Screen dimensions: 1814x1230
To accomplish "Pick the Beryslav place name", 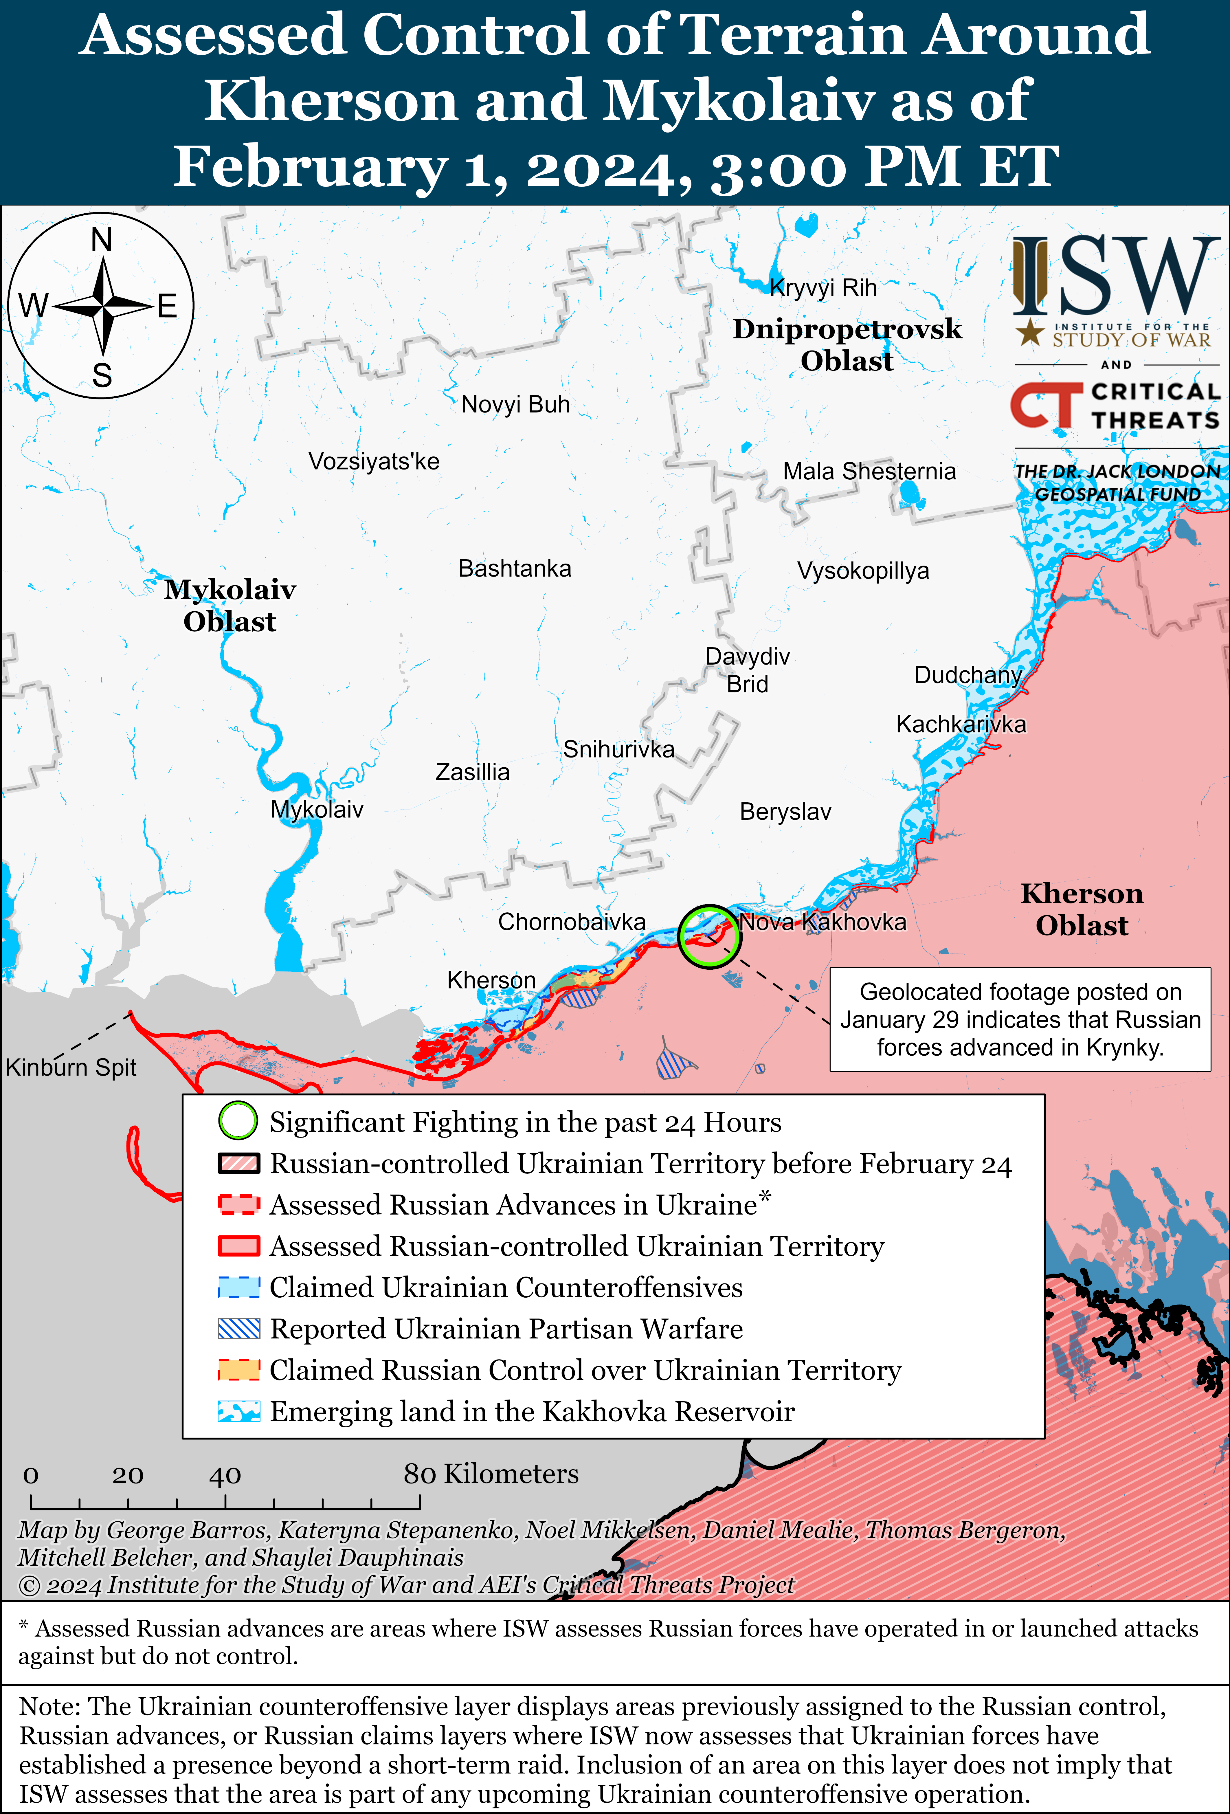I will tap(785, 812).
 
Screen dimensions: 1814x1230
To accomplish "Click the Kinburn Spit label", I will tap(71, 1067).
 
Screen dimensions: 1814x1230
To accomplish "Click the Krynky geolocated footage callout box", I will tap(1020, 1019).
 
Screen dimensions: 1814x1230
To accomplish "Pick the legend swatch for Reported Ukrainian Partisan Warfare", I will tap(239, 1329).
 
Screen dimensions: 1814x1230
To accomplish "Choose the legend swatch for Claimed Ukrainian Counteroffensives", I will tap(239, 1287).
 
